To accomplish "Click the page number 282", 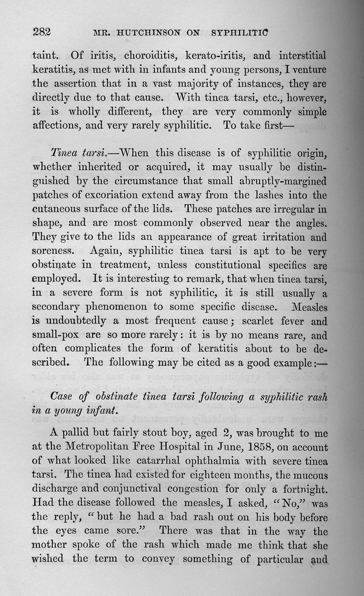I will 42,32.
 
